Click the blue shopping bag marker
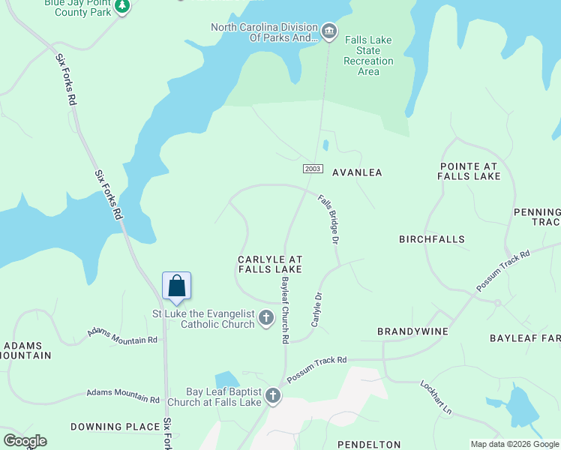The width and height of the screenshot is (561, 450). [177, 286]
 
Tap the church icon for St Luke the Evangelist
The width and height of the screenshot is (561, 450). [266, 319]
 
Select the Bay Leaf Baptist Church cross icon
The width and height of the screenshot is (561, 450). [273, 396]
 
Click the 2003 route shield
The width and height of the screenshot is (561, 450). [314, 169]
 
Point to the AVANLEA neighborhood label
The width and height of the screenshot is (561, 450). [357, 172]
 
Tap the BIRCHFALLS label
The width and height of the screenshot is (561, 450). [431, 239]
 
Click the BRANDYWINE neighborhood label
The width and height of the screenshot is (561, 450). [412, 331]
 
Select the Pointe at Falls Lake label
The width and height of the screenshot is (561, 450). [469, 170]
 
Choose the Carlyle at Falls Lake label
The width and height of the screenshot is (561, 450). [270, 263]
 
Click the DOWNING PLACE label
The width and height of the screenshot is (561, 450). [115, 427]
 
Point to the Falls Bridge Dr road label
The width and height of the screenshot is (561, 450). [329, 219]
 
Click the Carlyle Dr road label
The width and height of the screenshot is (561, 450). [316, 309]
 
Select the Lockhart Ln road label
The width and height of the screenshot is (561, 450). [436, 397]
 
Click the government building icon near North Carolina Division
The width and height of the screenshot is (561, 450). [329, 31]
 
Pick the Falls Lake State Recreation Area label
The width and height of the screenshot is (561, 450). [368, 55]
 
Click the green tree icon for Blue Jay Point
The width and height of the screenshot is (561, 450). [122, 6]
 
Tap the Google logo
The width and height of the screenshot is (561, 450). [25, 441]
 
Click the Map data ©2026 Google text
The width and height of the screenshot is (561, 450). [514, 444]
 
